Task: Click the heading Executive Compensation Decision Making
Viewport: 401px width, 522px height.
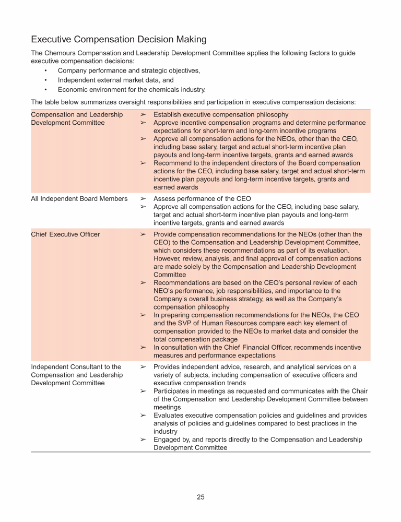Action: click(119, 40)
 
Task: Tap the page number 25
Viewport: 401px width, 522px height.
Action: click(200, 497)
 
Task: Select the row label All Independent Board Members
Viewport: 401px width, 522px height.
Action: click(79, 198)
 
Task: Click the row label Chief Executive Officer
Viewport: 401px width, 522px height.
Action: click(65, 234)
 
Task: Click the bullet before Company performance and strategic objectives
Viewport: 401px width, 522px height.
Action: click(46, 70)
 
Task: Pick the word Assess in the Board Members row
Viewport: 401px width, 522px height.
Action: click(165, 198)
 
